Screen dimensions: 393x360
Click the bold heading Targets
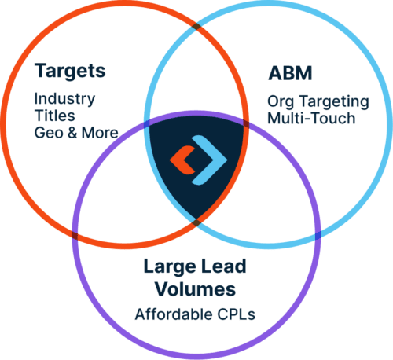click(70, 71)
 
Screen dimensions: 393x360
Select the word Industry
click(64, 99)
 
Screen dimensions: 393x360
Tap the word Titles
click(55, 116)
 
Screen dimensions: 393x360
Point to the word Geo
click(49, 133)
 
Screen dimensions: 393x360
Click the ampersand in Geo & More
click(72, 133)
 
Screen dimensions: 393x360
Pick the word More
click(100, 133)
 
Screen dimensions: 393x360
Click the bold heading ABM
click(290, 73)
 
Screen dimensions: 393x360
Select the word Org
click(281, 102)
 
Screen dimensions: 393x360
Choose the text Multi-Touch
click(311, 118)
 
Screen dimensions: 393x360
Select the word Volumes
click(195, 289)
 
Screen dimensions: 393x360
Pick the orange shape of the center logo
click(182, 160)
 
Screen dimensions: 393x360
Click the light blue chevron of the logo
click(211, 160)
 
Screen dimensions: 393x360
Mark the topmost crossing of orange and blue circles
click(196, 27)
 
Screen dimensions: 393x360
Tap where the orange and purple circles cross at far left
click(75, 236)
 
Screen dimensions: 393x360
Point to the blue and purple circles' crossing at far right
click(318, 236)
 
